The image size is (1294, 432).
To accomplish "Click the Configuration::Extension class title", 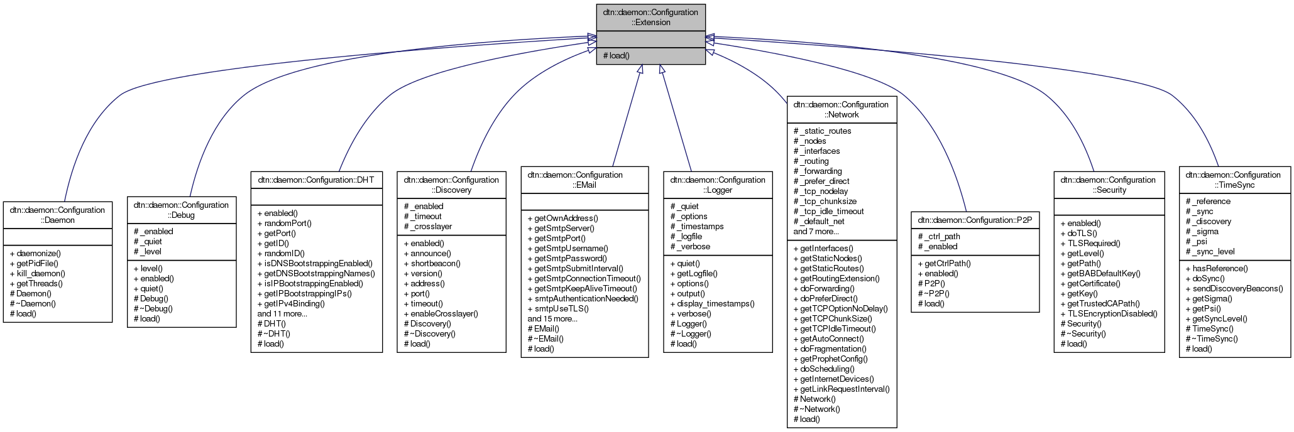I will pyautogui.click(x=650, y=17).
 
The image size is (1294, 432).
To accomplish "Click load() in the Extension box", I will pyautogui.click(x=617, y=55).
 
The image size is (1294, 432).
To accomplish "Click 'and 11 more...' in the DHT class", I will pyautogui.click(x=282, y=313).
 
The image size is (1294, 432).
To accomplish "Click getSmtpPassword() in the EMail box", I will pyautogui.click(x=571, y=258).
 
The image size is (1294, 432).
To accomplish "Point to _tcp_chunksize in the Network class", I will pyautogui.click(x=825, y=201).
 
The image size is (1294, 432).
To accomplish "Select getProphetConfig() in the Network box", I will pyautogui.click(x=833, y=359).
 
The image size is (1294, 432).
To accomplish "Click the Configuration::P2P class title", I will pyautogui.click(x=975, y=220).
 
